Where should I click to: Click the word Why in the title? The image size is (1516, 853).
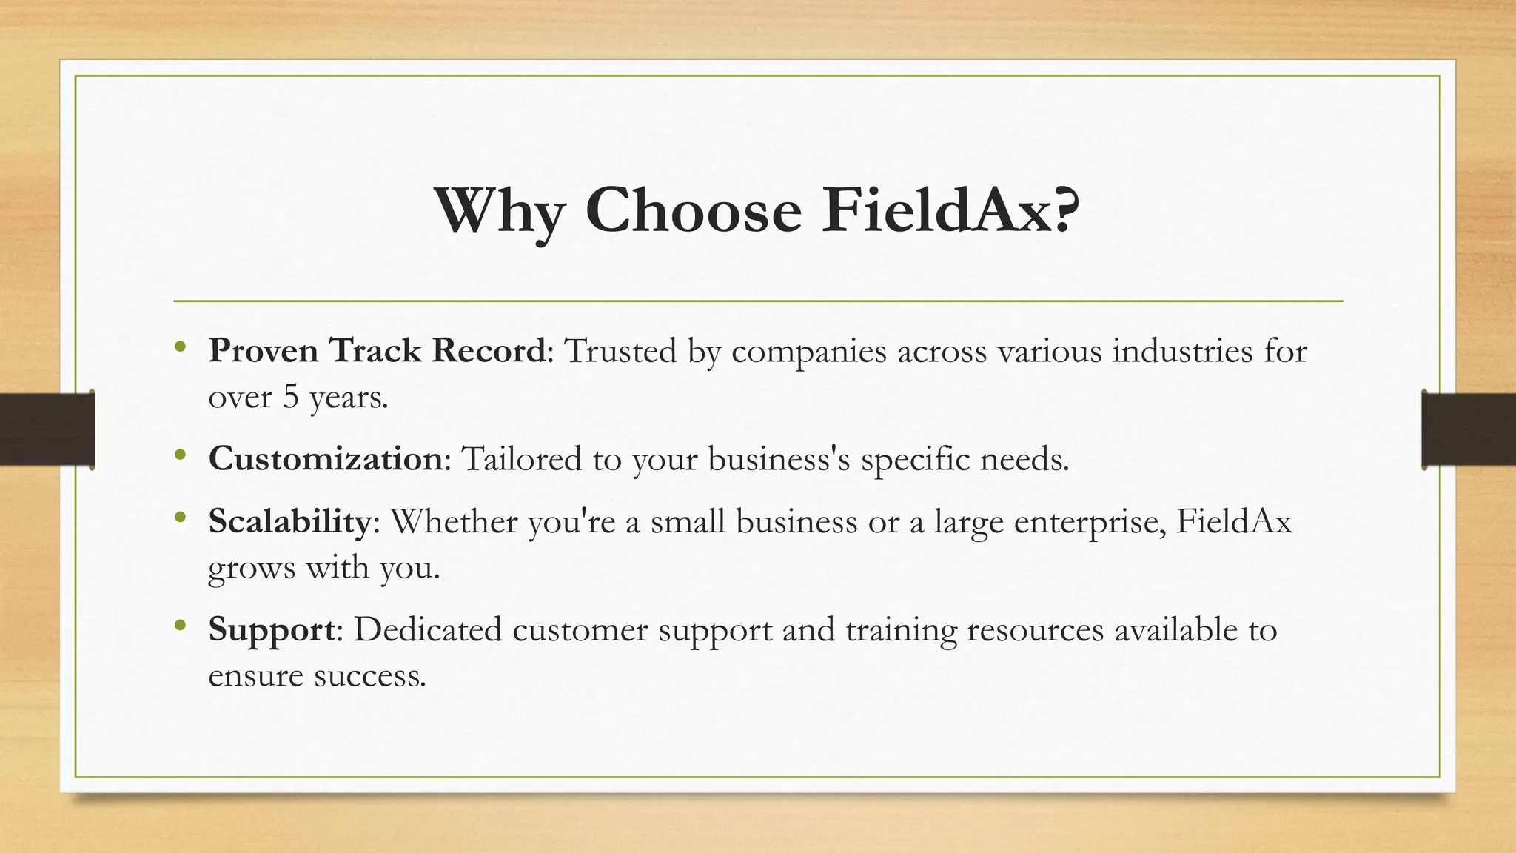[500, 211]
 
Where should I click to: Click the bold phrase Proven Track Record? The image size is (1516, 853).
[377, 350]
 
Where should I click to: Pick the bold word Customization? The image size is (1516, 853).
[325, 458]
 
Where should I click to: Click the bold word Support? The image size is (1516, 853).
[272, 629]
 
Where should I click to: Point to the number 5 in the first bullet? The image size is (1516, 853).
[291, 397]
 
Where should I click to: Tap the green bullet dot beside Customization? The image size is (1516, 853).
[180, 455]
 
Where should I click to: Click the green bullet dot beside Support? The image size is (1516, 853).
[180, 626]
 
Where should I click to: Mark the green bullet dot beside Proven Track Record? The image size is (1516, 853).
[180, 347]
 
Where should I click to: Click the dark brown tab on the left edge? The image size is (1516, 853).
[47, 429]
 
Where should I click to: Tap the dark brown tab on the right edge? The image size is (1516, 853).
[1469, 429]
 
